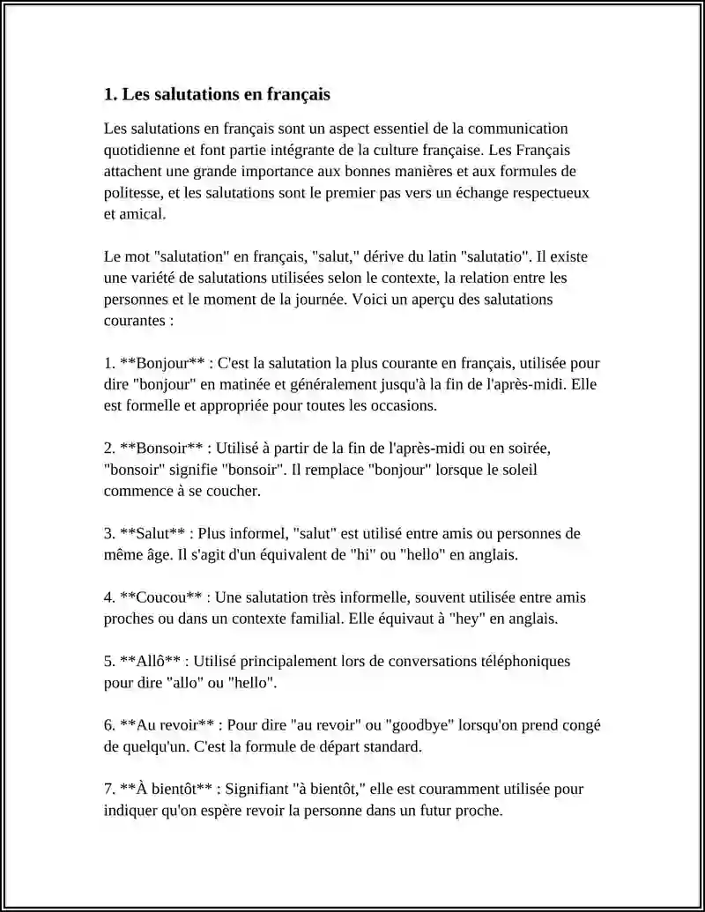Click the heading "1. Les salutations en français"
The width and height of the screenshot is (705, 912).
[x=217, y=93]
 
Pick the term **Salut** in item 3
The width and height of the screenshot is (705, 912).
[x=152, y=533]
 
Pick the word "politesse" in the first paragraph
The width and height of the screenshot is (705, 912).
[x=132, y=192]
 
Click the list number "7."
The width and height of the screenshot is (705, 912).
[x=109, y=789]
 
